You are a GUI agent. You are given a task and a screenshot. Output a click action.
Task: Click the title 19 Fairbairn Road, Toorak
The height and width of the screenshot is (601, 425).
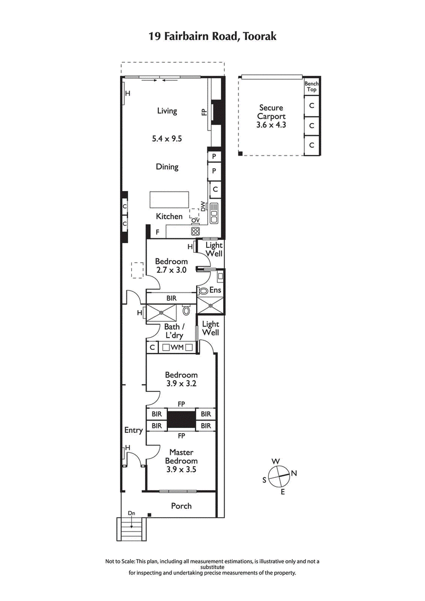(212, 37)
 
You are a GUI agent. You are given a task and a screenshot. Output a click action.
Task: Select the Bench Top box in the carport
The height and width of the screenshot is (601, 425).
(311, 87)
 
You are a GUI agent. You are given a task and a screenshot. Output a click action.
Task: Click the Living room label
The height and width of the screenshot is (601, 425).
(167, 111)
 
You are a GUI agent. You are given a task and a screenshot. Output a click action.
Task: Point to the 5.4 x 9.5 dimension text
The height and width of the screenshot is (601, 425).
(167, 139)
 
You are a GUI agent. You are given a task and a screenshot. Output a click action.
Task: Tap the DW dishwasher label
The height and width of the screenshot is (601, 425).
(203, 206)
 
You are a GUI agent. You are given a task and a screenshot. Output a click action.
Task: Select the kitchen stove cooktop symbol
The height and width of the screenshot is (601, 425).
(195, 231)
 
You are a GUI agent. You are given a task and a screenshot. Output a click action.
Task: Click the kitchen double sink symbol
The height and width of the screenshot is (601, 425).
(214, 212)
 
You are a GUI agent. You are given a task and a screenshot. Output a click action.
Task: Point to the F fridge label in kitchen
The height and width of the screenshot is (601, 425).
(157, 232)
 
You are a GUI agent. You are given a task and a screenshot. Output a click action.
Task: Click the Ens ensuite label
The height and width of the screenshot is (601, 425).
(215, 290)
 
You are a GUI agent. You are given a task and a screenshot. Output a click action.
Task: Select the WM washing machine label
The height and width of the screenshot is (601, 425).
(177, 347)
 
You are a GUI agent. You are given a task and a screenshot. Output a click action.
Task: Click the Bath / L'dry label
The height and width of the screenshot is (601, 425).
(171, 331)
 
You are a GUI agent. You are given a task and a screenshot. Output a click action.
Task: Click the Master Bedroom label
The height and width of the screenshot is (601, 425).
(181, 457)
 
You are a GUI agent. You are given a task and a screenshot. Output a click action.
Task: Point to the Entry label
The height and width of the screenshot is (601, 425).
(133, 430)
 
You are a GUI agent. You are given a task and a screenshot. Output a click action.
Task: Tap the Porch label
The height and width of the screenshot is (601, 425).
(181, 506)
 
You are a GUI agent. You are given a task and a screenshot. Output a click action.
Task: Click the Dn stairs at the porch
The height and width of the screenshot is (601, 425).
(131, 528)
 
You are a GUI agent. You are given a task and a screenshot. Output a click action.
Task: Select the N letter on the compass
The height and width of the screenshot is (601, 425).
(294, 473)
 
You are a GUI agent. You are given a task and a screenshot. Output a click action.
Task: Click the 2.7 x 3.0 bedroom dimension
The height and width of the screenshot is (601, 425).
(171, 270)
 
